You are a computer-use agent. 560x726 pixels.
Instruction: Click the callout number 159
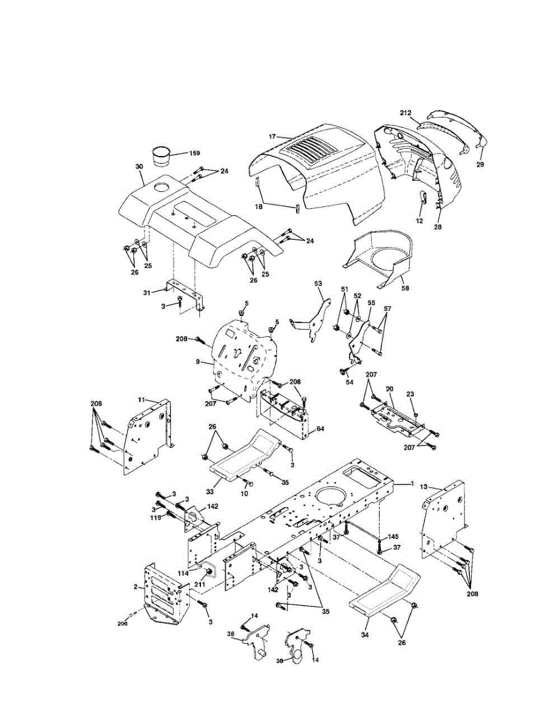[x=194, y=153]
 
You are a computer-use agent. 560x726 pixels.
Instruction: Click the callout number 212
[x=406, y=113]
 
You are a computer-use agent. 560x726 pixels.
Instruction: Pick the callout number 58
[x=404, y=289]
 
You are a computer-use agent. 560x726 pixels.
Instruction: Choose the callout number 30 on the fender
[x=139, y=166]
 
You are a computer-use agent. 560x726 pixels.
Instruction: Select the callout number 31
[x=146, y=293]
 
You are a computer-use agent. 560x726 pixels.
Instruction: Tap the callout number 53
[x=318, y=283]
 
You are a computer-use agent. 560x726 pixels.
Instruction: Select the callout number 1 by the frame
[x=412, y=483]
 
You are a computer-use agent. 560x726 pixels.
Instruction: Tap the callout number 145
[x=394, y=537]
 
